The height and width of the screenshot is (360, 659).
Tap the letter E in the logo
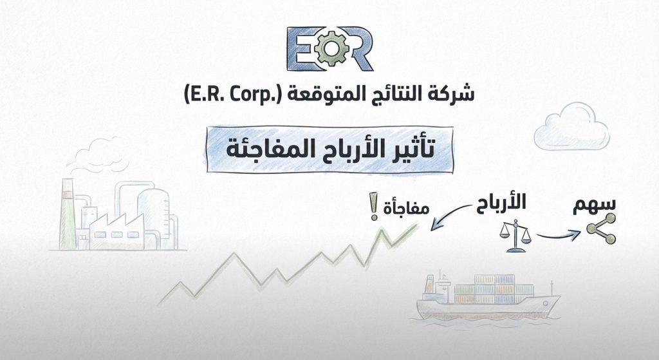pos(303,49)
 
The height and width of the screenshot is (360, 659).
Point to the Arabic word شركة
pos(452,95)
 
